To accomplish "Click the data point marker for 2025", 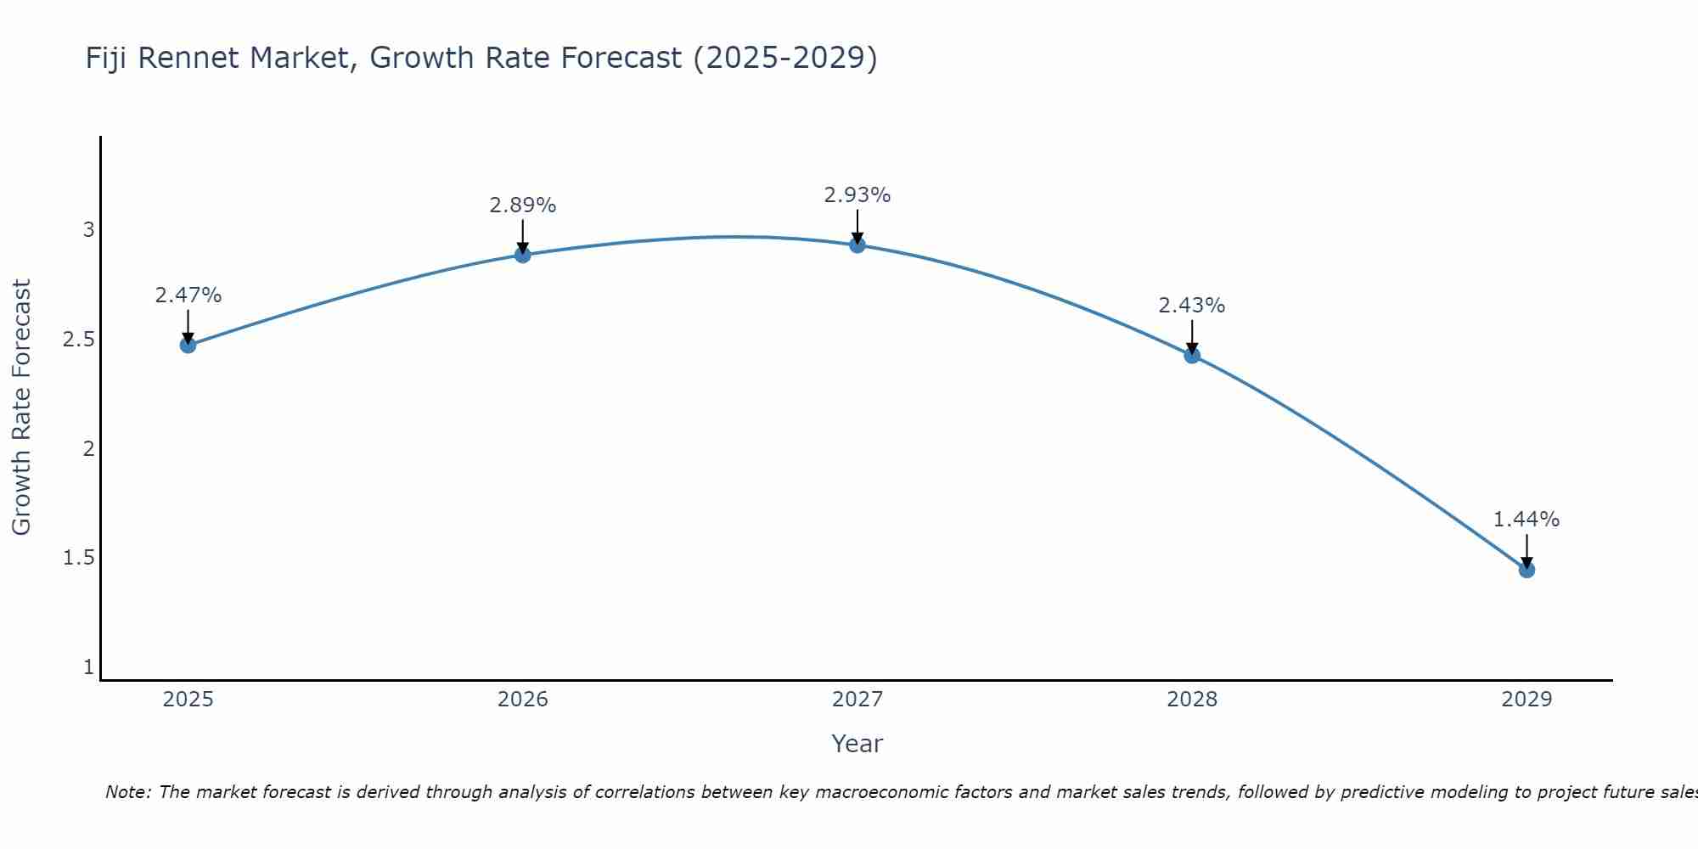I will click(188, 345).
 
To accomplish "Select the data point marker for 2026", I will click(522, 255).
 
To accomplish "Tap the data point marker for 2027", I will click(857, 245).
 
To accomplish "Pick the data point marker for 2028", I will click(1192, 355).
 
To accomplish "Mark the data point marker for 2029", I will click(1527, 570).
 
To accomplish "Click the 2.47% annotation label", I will click(188, 295).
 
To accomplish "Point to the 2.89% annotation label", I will click(522, 205).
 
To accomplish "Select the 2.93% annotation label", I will click(857, 195).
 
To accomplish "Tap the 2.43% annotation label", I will click(1192, 306).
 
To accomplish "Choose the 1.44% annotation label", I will click(1527, 520).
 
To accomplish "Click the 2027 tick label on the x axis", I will click(857, 700).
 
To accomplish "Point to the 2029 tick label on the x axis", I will click(1527, 700).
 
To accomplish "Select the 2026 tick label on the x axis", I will click(522, 700).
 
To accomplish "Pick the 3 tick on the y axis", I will click(88, 230).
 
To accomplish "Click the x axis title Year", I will click(857, 744).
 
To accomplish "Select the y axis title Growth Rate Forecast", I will click(21, 408).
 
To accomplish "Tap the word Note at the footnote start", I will click(127, 792).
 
